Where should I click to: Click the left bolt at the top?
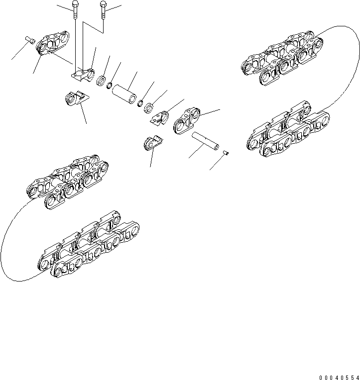(74, 9)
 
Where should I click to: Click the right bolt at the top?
(103, 8)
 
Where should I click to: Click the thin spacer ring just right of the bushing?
(140, 103)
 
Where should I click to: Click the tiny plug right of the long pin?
(226, 153)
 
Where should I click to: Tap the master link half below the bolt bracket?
(74, 98)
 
